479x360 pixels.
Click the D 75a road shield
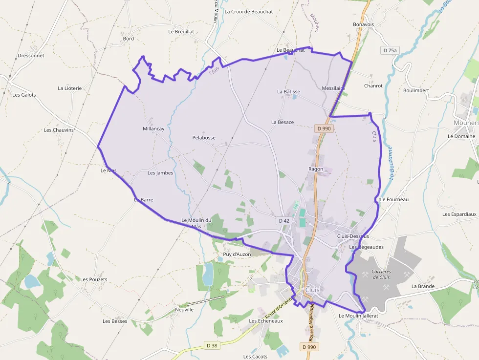390,50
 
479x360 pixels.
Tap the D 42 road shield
284,221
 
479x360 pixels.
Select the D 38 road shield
212,345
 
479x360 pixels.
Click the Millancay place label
153,129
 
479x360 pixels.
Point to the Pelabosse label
204,138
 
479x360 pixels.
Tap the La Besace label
283,122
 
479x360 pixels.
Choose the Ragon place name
316,169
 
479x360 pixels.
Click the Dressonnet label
31,56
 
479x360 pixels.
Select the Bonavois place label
363,24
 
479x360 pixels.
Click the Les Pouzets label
94,279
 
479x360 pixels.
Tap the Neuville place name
184,310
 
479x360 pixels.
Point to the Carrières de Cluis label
381,275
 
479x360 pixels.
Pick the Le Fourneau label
394,199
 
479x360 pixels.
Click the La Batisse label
288,91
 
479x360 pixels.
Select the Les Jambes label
160,173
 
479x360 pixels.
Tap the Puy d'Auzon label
237,254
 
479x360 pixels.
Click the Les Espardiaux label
459,214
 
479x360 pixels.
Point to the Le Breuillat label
181,31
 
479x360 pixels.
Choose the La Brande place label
423,286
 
